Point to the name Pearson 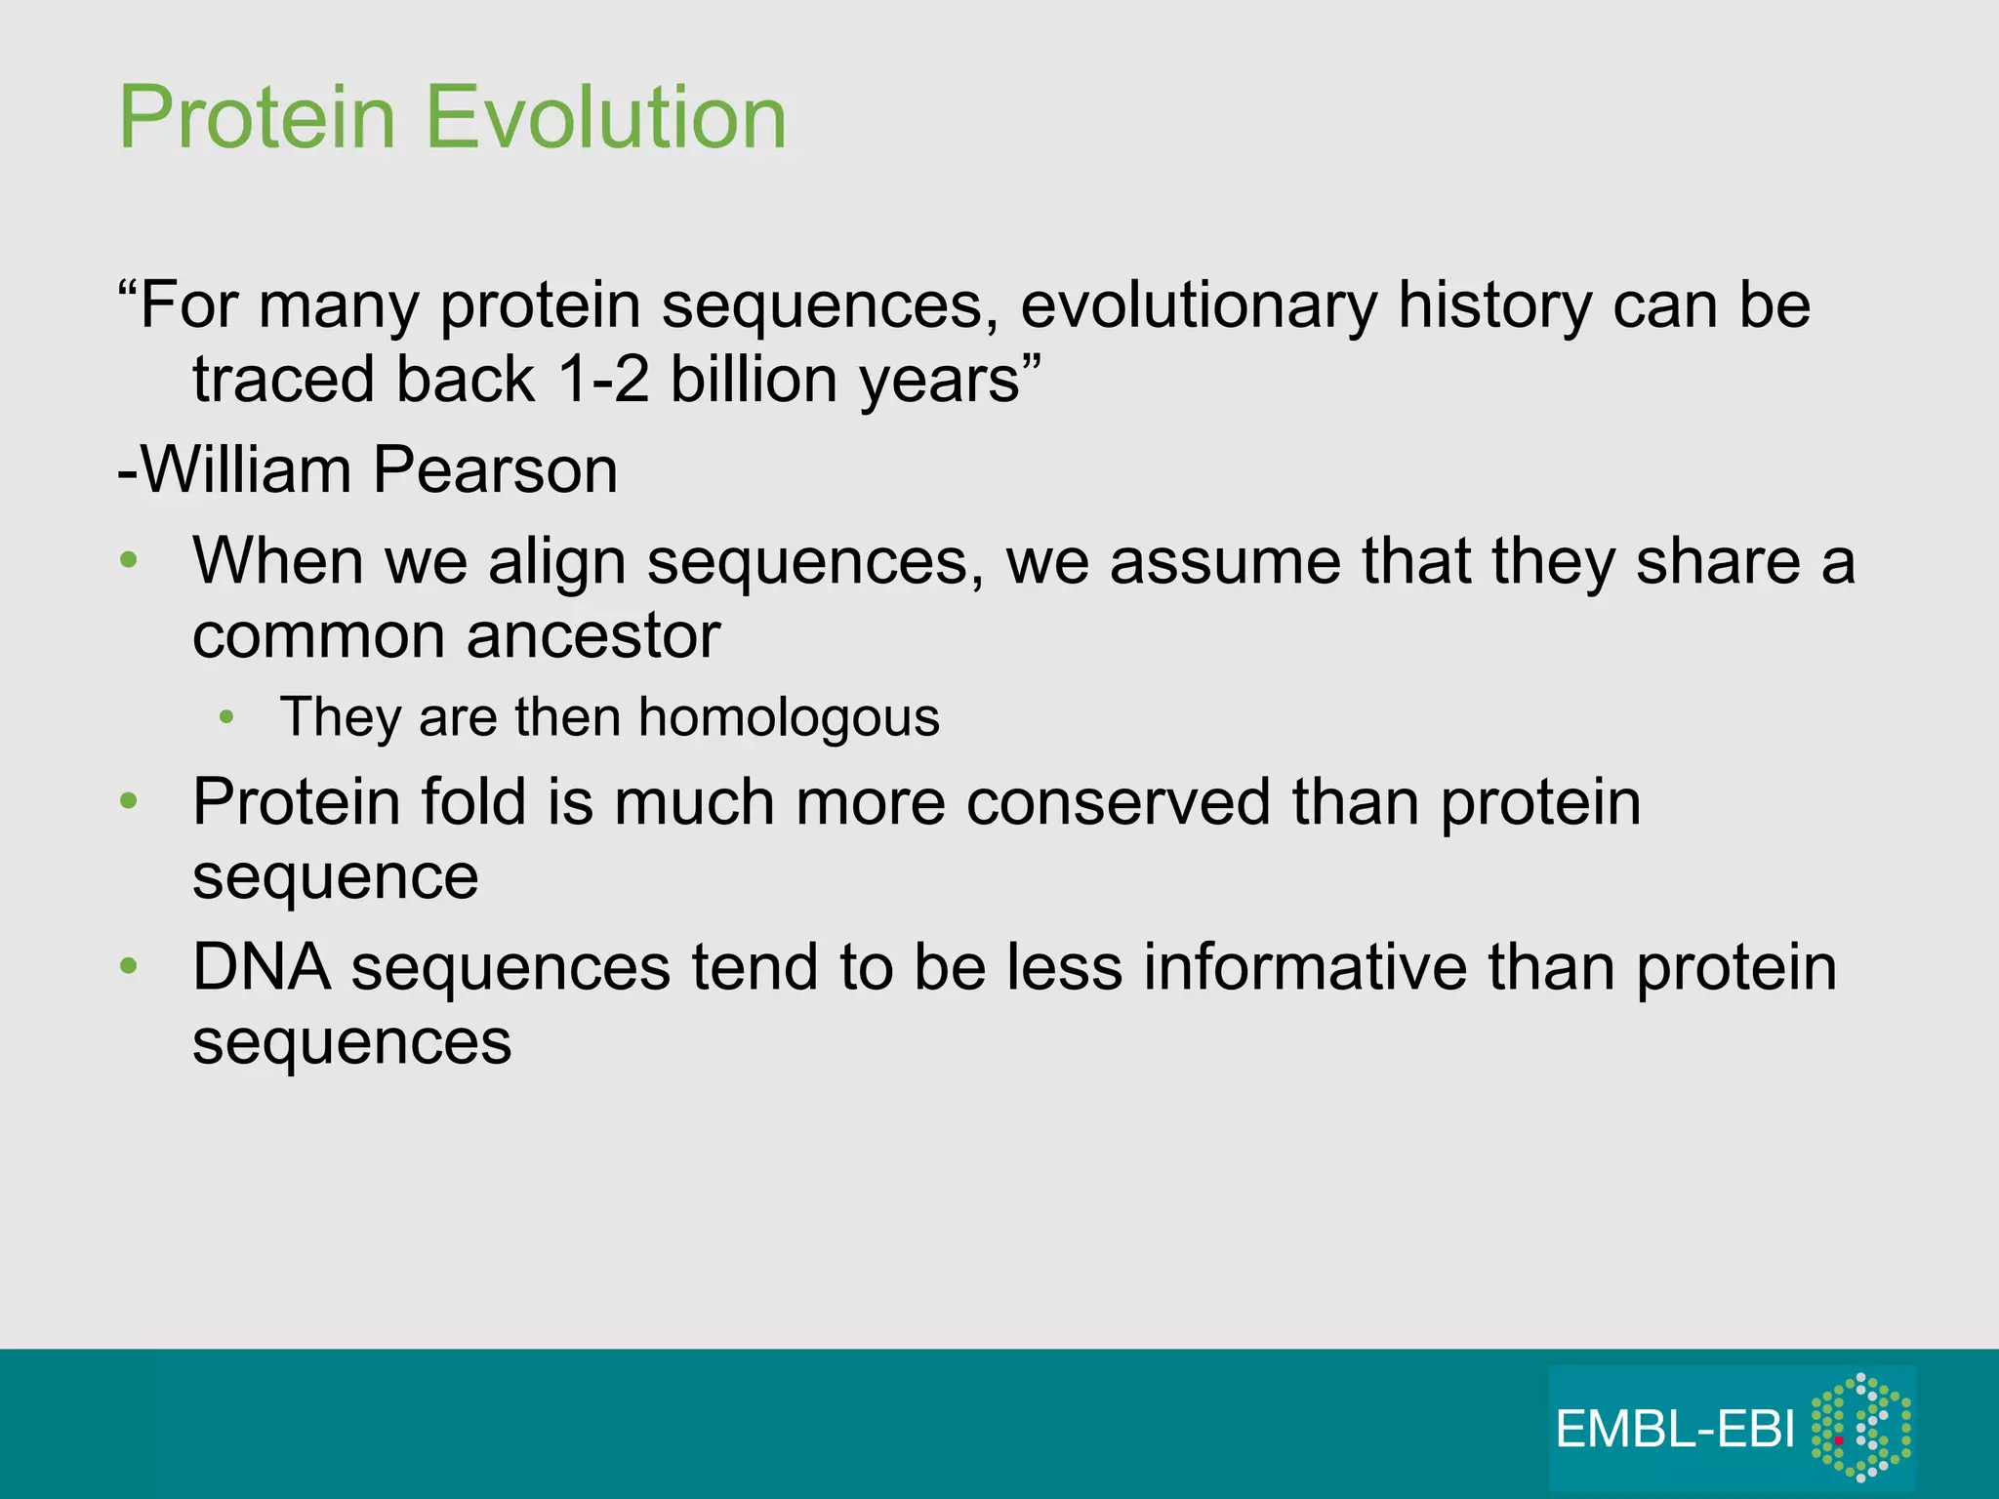click(495, 470)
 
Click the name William click(246, 470)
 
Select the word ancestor click(593, 636)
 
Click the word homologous click(789, 717)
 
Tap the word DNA click(261, 967)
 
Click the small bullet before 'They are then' click(226, 717)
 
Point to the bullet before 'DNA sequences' click(128, 966)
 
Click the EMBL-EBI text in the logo click(1675, 1431)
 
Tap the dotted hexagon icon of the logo click(1860, 1427)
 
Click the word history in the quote click(1494, 305)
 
